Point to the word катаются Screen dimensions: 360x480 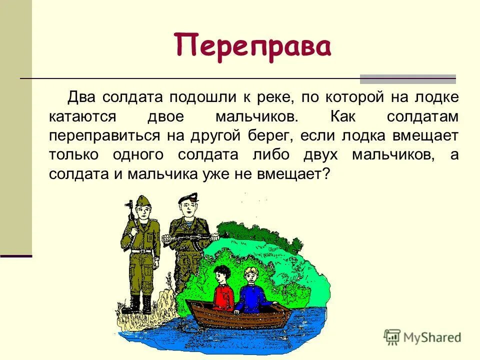tap(82, 116)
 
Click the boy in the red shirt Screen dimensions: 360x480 tap(222, 287)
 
